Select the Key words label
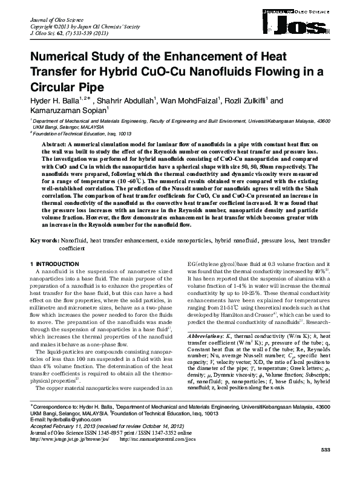pyautogui.click(x=44, y=240)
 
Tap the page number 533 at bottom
pyautogui.click(x=325, y=468)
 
